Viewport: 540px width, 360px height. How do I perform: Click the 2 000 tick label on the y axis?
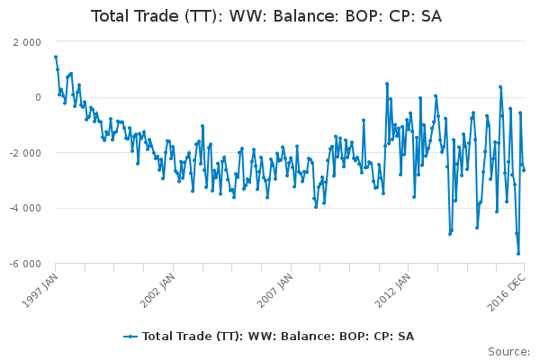(26, 42)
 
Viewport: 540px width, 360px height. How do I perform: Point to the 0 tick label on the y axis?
(37, 97)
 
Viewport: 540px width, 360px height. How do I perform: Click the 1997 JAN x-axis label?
(38, 288)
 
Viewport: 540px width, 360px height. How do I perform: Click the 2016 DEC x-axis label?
(506, 288)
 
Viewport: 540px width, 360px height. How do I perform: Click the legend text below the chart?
(278, 337)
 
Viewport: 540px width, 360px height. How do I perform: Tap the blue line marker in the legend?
(131, 337)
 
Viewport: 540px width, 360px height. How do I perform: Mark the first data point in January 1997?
(56, 57)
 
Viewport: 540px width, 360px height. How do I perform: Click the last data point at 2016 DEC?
(524, 170)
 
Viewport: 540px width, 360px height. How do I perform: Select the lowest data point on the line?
(518, 254)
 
